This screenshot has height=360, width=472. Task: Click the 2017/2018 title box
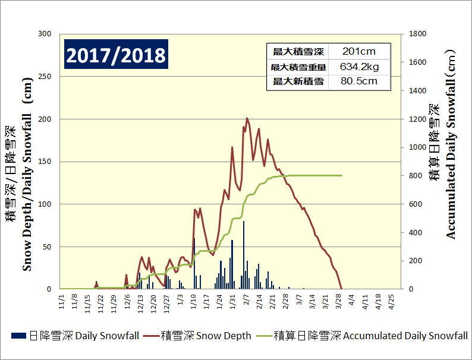[116, 55]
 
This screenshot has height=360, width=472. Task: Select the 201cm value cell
[358, 51]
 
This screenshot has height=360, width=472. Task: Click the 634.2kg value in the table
[358, 67]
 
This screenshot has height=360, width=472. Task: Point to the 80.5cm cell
[358, 81]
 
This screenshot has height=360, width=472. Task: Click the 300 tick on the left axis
[45, 34]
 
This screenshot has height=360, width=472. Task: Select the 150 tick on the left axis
[45, 162]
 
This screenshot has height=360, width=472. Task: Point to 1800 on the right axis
[418, 34]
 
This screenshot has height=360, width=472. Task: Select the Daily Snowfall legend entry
[75, 336]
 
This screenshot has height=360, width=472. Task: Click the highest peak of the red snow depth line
[247, 118]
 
